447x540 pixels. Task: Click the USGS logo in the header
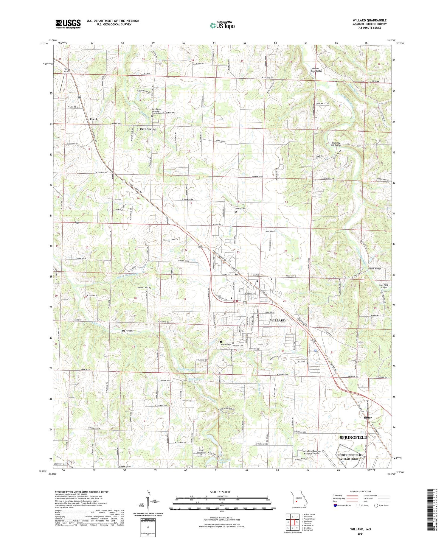[x=68, y=24]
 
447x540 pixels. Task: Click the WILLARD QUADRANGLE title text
[x=369, y=20]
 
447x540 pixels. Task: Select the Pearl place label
[x=93, y=119]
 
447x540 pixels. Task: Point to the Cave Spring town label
[x=148, y=129]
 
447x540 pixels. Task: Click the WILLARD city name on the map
[x=277, y=320]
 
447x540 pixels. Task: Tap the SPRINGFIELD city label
[x=353, y=437]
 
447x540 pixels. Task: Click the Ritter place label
[x=368, y=418]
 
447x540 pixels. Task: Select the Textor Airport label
[x=67, y=70]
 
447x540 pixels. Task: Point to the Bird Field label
[x=270, y=231]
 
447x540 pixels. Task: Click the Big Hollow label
[x=127, y=331]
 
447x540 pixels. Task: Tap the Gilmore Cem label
[x=142, y=288]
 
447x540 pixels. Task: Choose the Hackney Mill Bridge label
[x=336, y=144]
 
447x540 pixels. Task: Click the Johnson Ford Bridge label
[x=317, y=70]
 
